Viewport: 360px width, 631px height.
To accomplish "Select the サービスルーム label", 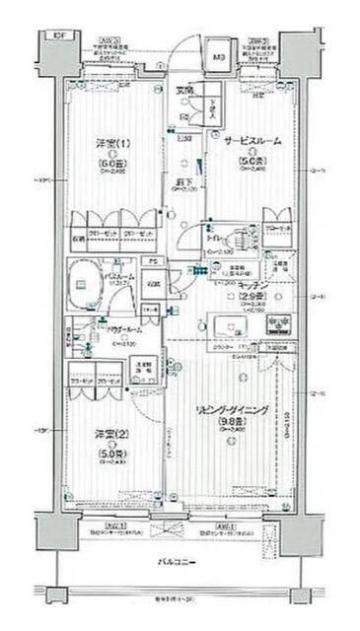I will [252, 142].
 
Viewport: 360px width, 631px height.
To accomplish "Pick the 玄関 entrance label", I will [184, 92].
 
